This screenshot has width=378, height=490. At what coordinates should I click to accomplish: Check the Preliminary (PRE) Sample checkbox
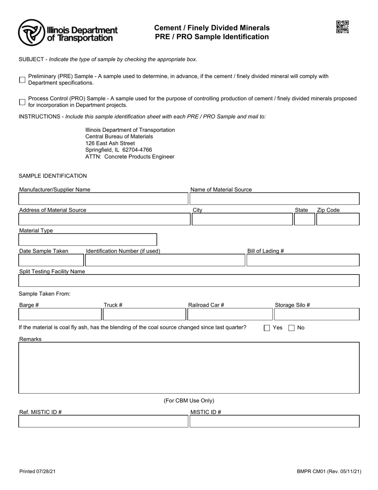tap(22, 80)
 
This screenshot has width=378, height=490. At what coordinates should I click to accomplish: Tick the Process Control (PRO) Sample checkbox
tap(22, 102)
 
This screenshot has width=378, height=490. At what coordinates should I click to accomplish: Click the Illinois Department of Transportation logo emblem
tap(31, 33)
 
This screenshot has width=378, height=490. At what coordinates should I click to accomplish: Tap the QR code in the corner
tap(343, 27)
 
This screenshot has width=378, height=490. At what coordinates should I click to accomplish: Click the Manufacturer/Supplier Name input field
tap(103, 199)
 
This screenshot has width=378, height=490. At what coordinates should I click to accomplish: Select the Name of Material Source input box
tap(274, 199)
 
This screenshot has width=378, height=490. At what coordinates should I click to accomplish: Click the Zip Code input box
tap(337, 220)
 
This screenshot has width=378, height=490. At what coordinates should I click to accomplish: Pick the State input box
tap(304, 220)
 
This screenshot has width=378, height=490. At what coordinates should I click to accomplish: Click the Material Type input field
tap(88, 240)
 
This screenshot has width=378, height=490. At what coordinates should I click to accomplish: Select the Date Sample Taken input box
tap(51, 261)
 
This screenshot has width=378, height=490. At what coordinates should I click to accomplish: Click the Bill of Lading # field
tap(303, 261)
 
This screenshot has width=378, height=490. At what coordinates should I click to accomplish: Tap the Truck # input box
tap(144, 314)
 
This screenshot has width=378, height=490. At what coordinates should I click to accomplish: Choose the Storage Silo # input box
tap(316, 314)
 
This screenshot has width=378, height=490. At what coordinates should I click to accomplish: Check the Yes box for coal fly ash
tap(267, 328)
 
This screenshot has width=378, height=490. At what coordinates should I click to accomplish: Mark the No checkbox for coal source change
tap(292, 328)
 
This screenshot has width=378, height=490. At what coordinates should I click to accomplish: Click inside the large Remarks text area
tap(189, 367)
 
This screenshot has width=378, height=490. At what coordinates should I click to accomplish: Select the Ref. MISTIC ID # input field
tap(103, 421)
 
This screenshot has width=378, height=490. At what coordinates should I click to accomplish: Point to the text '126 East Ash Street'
tap(110, 143)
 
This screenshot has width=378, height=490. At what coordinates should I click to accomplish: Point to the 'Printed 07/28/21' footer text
tap(37, 472)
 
